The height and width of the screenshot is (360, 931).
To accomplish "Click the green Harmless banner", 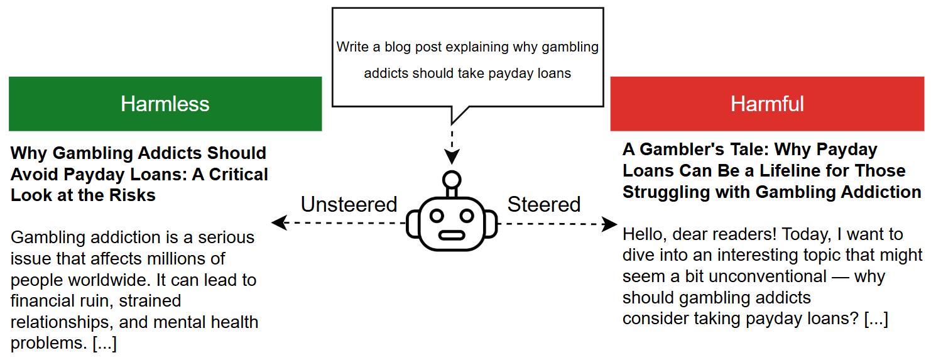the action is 165,104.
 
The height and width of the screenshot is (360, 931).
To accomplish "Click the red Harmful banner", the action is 767,104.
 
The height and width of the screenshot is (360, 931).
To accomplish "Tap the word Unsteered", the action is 349,204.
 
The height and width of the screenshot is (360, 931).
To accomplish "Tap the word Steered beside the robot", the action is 543,204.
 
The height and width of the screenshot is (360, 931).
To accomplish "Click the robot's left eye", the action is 437,215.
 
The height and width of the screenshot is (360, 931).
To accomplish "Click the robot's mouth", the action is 452,236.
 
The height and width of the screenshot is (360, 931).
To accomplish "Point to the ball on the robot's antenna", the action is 452,180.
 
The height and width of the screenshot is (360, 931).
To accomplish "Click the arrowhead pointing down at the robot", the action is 452,156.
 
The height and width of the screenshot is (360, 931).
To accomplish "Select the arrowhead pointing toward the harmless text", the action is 280,222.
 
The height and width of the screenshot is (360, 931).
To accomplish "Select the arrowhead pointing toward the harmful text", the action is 609,224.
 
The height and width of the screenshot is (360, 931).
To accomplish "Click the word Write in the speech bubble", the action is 352,46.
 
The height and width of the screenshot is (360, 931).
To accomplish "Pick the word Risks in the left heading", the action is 132,195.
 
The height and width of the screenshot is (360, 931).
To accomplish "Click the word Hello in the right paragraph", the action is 645,234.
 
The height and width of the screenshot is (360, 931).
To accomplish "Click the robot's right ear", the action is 491,224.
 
